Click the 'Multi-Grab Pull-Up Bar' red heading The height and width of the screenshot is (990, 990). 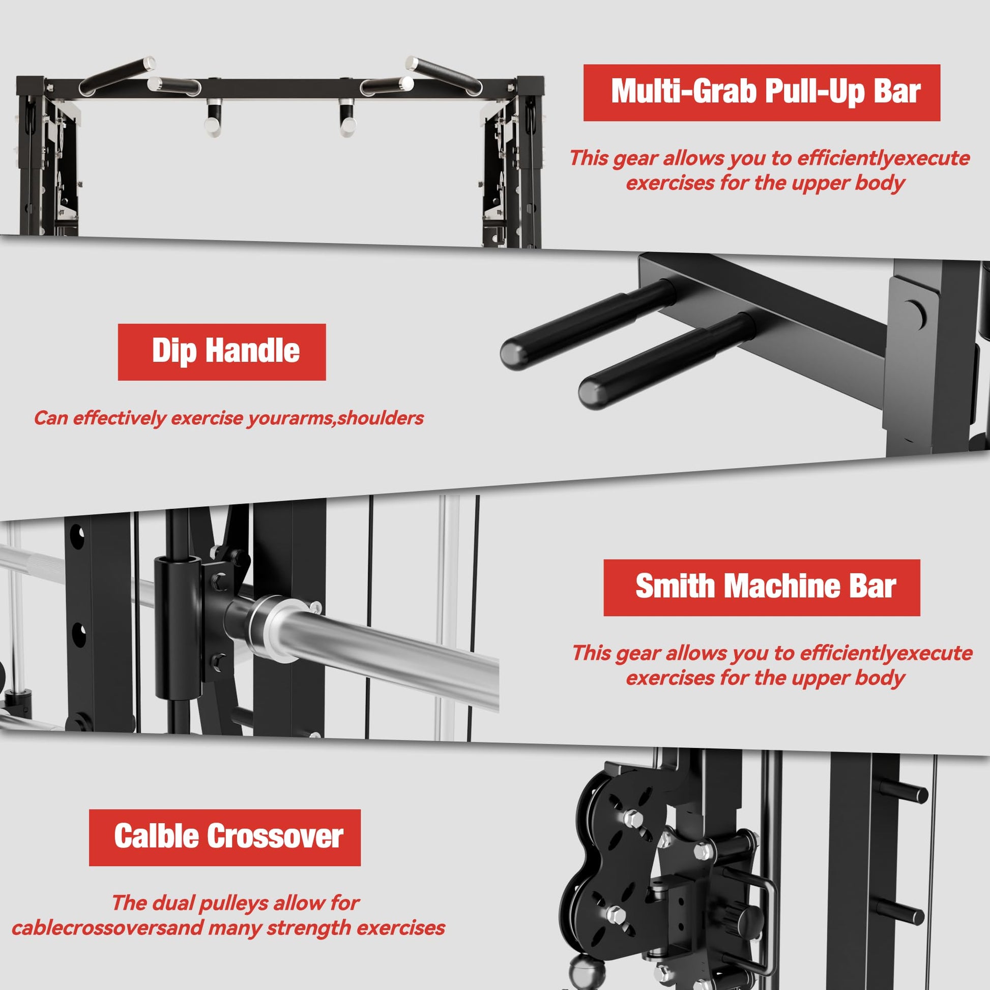[762, 93]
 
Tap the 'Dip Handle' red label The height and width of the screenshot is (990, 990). [221, 352]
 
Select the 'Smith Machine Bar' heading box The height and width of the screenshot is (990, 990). [762, 588]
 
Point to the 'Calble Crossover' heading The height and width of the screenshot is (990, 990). [224, 838]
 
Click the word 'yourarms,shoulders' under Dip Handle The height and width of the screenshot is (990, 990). [336, 418]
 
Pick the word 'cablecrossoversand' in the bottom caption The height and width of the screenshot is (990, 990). [107, 928]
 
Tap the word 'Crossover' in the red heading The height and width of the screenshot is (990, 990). [275, 838]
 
